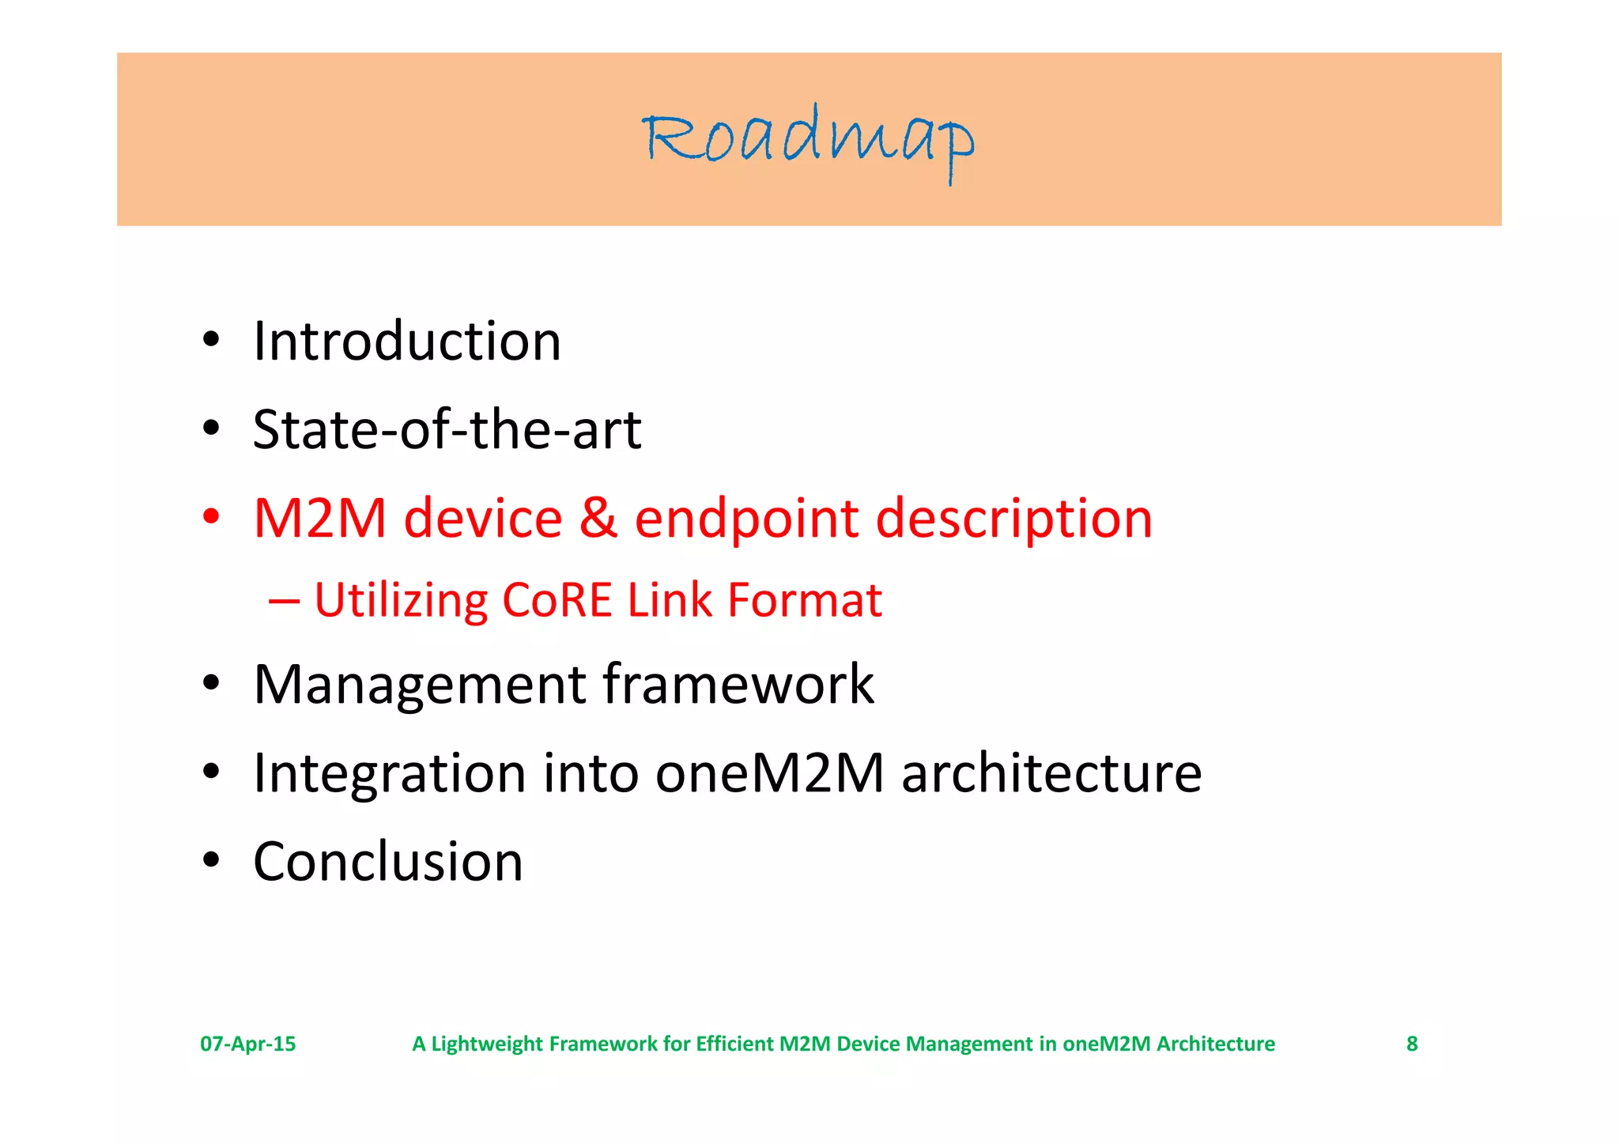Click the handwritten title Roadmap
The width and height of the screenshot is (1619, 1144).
(x=808, y=141)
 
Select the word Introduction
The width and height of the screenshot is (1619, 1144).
(x=407, y=342)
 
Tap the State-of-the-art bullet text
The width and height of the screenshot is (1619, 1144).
(x=447, y=430)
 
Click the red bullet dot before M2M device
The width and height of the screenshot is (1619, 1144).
(x=210, y=517)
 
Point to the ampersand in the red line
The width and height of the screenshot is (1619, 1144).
(x=598, y=519)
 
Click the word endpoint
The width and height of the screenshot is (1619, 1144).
(x=746, y=520)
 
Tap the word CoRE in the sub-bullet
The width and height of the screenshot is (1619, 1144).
(x=557, y=600)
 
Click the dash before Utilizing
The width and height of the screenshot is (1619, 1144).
(x=284, y=601)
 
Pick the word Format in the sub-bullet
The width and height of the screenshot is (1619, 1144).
(x=804, y=600)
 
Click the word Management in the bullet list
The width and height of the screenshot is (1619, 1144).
(x=420, y=685)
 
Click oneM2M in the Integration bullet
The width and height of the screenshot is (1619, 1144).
(x=769, y=772)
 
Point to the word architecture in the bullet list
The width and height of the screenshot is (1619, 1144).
(x=1051, y=772)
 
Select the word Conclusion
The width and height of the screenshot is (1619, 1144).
(x=388, y=861)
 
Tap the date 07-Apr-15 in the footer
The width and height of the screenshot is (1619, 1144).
(x=247, y=1044)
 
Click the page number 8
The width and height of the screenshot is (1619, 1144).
(x=1412, y=1044)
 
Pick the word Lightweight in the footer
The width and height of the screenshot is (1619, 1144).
(x=488, y=1044)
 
